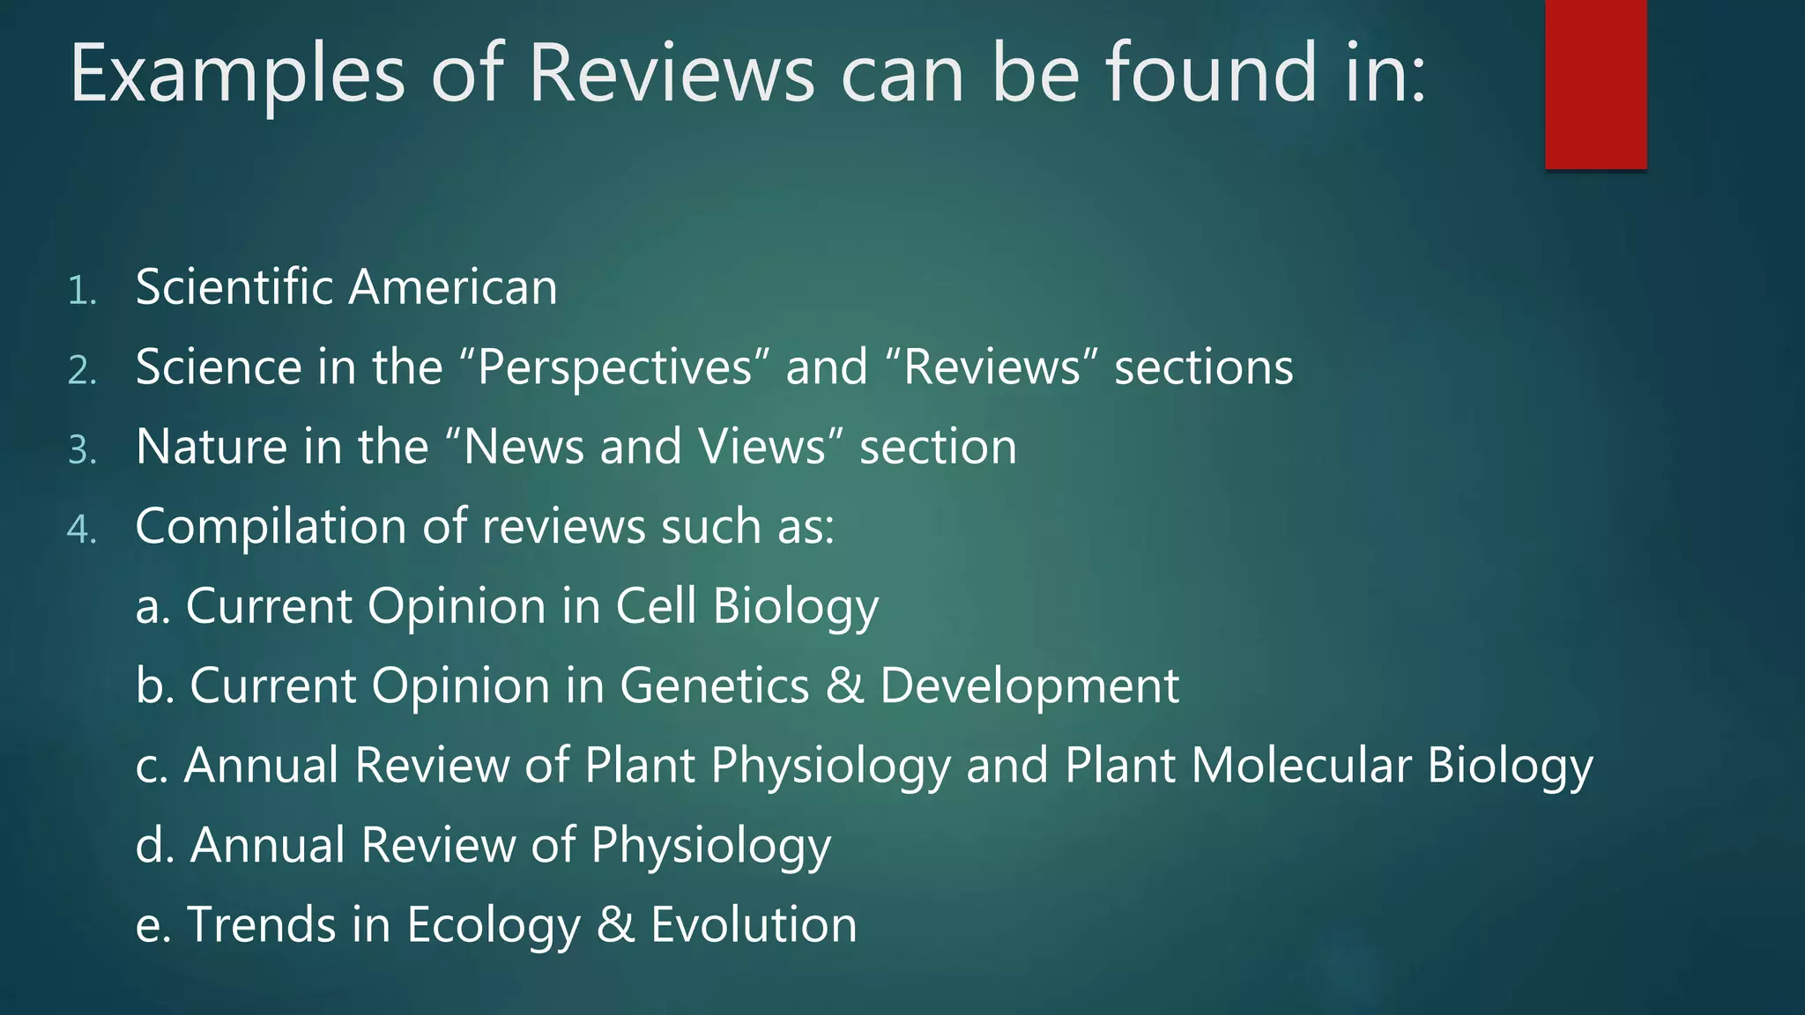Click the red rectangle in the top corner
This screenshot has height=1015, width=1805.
click(1595, 84)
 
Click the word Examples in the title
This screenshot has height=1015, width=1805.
click(237, 74)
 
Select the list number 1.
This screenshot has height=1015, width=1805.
click(81, 291)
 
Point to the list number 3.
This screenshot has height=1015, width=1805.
click(81, 450)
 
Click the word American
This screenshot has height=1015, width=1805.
click(453, 287)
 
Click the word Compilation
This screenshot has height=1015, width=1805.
click(271, 527)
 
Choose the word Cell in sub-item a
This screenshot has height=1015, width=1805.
click(656, 606)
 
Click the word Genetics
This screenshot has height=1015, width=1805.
click(714, 685)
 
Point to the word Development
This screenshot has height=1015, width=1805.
click(1029, 686)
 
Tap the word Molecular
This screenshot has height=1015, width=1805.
click(1301, 765)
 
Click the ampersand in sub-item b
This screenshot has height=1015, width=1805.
click(844, 685)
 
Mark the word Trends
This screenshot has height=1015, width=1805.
click(262, 925)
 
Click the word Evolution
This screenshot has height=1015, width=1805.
click(754, 925)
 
